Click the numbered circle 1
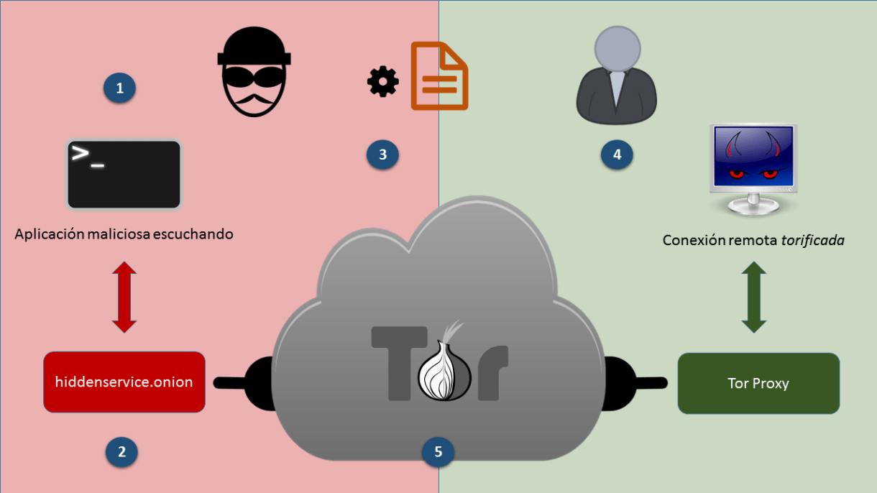click(x=119, y=88)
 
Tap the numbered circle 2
click(x=121, y=451)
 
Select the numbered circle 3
click(x=382, y=154)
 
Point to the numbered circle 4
click(x=617, y=154)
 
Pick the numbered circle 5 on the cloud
click(x=438, y=451)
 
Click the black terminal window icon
click(x=124, y=174)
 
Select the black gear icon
click(x=382, y=83)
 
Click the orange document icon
click(x=439, y=76)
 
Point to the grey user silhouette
click(x=617, y=76)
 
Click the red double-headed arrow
click(x=124, y=297)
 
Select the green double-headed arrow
click(x=753, y=297)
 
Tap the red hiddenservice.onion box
click(x=124, y=382)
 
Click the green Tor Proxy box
click(x=758, y=383)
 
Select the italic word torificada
click(x=812, y=240)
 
